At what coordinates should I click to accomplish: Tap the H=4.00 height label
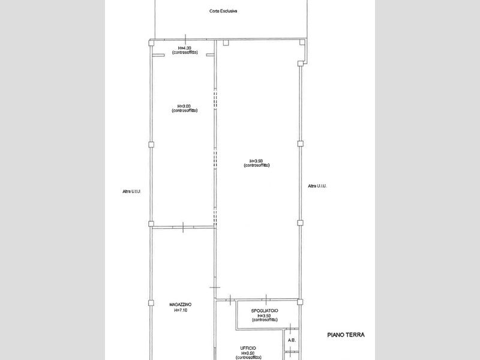pyautogui.click(x=184, y=48)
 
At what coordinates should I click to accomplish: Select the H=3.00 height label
pyautogui.click(x=184, y=106)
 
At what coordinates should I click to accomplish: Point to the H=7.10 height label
pyautogui.click(x=181, y=310)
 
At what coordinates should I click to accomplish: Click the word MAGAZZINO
pyautogui.click(x=181, y=305)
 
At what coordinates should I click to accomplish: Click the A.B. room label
pyautogui.click(x=292, y=340)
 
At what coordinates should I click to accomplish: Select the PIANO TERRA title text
pyautogui.click(x=346, y=335)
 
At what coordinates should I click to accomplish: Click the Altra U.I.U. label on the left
pyautogui.click(x=130, y=192)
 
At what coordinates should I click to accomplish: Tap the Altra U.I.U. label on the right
pyautogui.click(x=317, y=186)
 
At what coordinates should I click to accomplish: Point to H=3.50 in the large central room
pyautogui.click(x=256, y=160)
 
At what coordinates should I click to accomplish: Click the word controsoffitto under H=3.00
pyautogui.click(x=184, y=111)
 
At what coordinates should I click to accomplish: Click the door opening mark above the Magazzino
pyautogui.click(x=182, y=227)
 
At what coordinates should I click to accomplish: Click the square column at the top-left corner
pyautogui.click(x=151, y=43)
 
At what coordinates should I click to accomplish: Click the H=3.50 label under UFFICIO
pyautogui.click(x=248, y=353)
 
